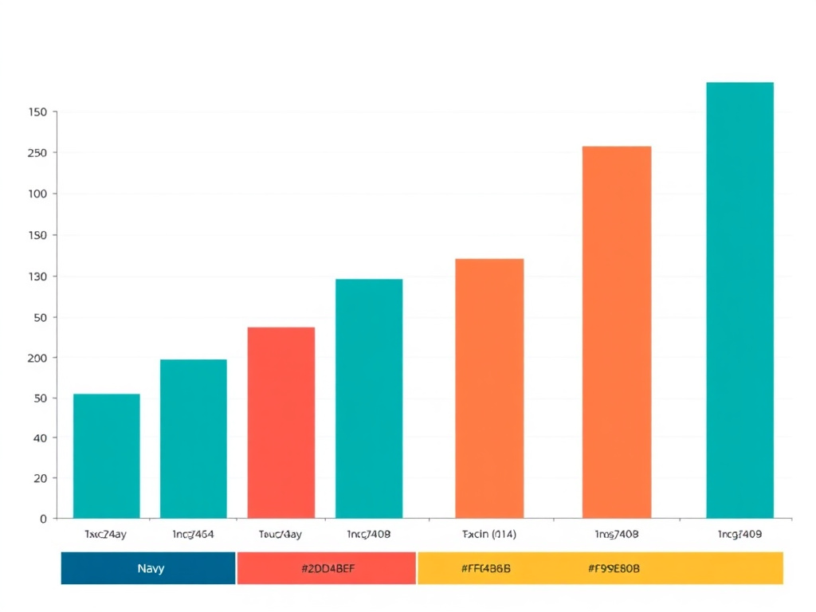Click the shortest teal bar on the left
pos(106,456)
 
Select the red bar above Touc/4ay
pos(280,422)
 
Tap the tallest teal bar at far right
pos(739,300)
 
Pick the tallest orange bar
pos(616,331)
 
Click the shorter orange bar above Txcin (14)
pos(489,388)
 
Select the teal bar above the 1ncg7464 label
pos(193,438)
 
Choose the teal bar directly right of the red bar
pos(368,398)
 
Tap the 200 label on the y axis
pos(37,358)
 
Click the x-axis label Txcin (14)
pos(488,535)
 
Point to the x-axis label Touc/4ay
pos(280,535)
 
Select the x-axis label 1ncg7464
pos(193,535)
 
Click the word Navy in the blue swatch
pos(151,568)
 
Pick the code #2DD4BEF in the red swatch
pos(328,568)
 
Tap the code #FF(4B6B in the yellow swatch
pos(486,568)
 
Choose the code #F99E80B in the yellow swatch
pos(614,568)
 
